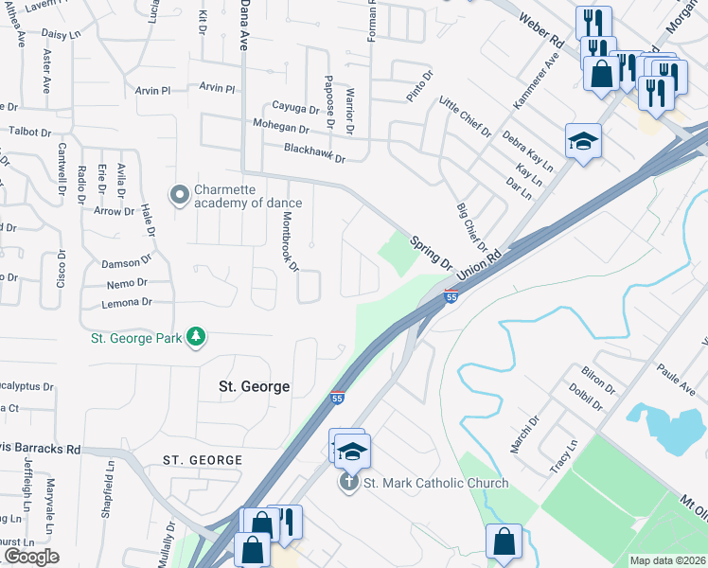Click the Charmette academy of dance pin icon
[x=179, y=196]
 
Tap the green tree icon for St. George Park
[x=196, y=337]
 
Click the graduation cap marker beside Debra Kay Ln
[x=583, y=142]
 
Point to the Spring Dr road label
[x=432, y=252]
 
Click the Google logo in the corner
[x=30, y=557]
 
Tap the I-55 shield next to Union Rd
[x=451, y=296]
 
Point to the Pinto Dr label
[x=419, y=85]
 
